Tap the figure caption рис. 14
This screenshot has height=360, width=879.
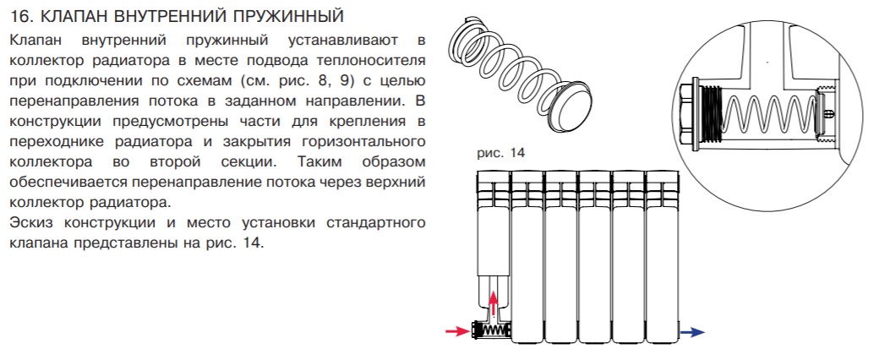point(500,152)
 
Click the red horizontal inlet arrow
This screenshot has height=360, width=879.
point(457,331)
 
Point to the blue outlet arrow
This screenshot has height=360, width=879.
point(691,332)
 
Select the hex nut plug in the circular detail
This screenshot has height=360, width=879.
point(688,116)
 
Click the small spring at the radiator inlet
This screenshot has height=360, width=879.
point(496,330)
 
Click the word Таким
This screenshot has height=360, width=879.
point(317,162)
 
